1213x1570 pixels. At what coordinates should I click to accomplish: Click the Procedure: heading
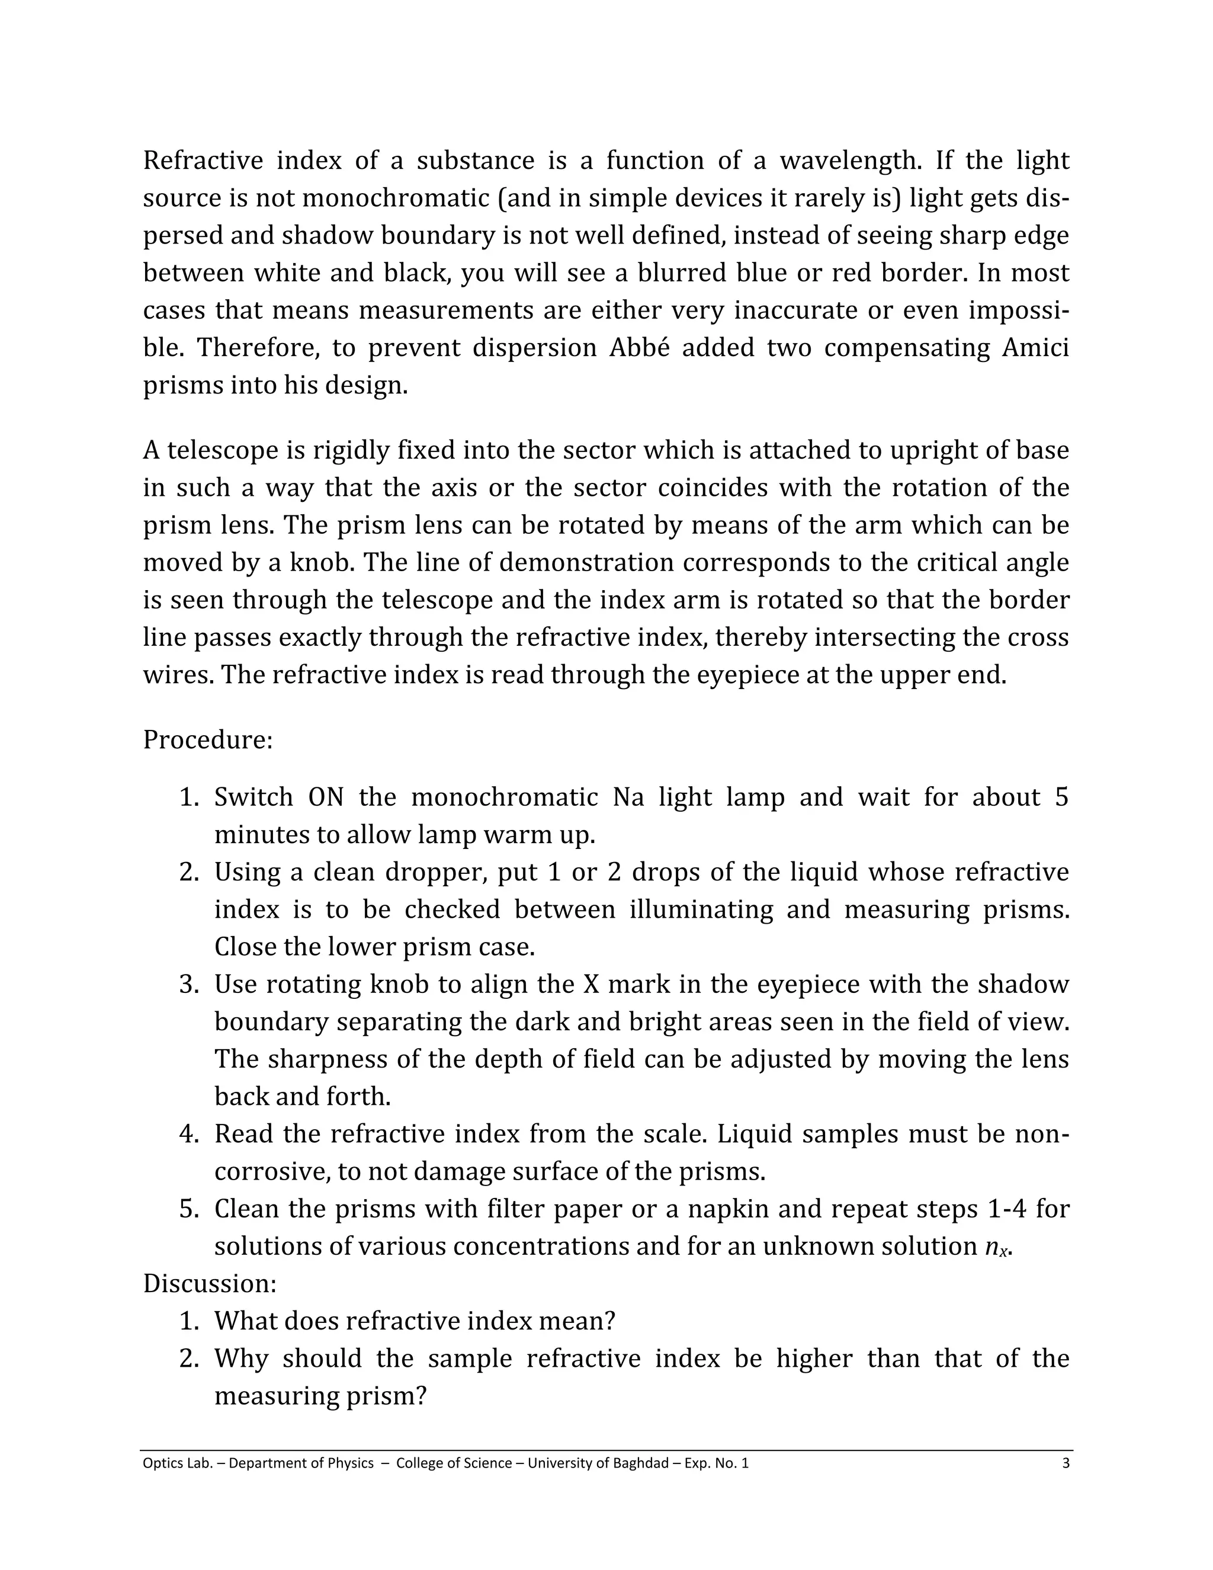pyautogui.click(x=208, y=740)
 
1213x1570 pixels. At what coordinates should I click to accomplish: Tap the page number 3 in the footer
pyautogui.click(x=1066, y=1463)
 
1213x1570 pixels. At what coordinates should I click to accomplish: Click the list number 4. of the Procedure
pyautogui.click(x=189, y=1135)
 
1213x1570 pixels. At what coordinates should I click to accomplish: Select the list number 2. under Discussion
pyautogui.click(x=189, y=1358)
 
